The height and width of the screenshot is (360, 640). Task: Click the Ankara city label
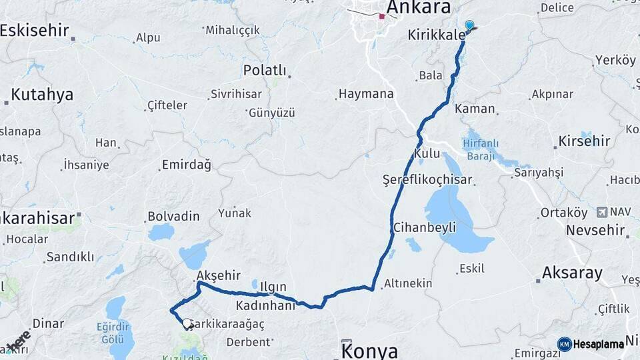(x=418, y=7)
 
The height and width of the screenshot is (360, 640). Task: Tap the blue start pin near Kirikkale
(x=469, y=26)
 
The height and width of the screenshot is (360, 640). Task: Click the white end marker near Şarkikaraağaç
(x=187, y=323)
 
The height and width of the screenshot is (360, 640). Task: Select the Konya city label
(x=369, y=351)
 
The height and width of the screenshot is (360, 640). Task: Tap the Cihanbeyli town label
(x=425, y=227)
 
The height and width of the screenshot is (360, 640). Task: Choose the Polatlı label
(x=265, y=70)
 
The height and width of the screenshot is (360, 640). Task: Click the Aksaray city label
(x=572, y=273)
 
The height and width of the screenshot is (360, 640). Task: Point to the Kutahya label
(x=42, y=95)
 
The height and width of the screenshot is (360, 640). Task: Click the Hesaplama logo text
(x=599, y=344)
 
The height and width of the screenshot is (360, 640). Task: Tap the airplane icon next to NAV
(x=602, y=211)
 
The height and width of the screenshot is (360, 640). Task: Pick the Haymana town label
(x=366, y=94)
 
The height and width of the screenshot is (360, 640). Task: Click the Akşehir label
(x=218, y=274)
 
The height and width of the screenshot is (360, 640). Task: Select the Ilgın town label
(x=273, y=287)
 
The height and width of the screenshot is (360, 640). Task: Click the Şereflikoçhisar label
(x=427, y=180)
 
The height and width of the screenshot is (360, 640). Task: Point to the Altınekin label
(x=408, y=283)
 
